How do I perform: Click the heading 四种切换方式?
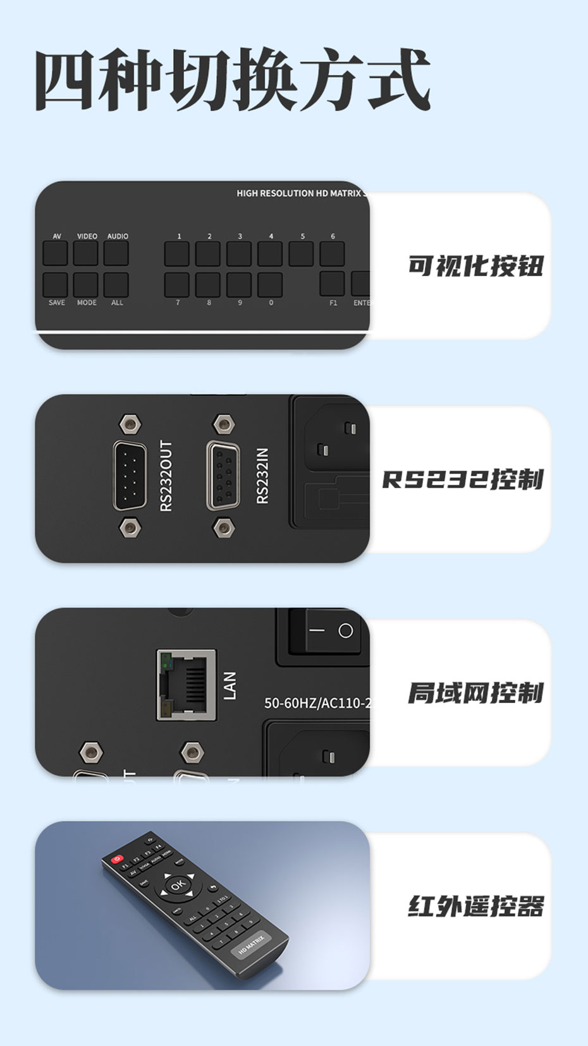click(233, 81)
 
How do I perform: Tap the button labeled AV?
click(56, 253)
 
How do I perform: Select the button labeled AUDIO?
click(116, 253)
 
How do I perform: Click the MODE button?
click(86, 285)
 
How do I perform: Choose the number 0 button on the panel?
click(270, 285)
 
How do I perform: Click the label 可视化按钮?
click(475, 266)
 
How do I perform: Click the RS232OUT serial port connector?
click(130, 476)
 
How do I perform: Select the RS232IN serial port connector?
click(223, 476)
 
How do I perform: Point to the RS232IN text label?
click(262, 476)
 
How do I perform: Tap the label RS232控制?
click(463, 479)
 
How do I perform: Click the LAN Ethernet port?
click(187, 685)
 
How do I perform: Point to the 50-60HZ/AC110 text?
click(316, 703)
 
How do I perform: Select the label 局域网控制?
click(475, 693)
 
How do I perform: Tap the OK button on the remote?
click(178, 885)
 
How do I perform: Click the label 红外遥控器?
click(475, 906)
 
